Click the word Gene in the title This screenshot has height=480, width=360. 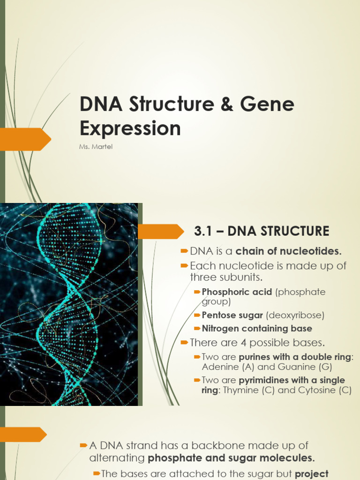267,104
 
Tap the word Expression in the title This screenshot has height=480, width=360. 130,128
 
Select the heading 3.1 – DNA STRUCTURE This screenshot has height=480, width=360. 262,231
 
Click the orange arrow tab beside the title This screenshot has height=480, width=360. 26,139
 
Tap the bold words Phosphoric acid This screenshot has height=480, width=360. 237,292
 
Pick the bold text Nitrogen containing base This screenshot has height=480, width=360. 257,329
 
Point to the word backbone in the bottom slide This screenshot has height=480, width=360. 232,445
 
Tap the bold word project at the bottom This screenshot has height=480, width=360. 311,474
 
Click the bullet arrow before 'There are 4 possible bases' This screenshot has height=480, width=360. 185,343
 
